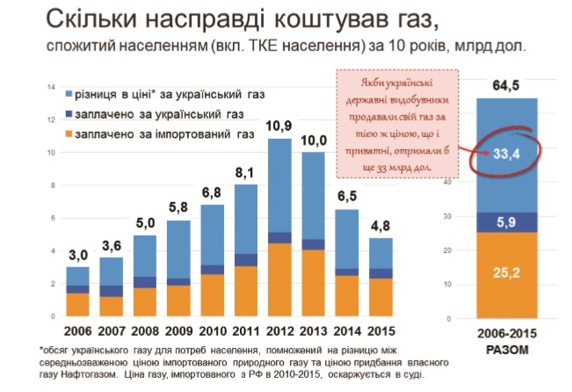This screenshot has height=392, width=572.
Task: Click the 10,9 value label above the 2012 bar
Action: pyautogui.click(x=279, y=126)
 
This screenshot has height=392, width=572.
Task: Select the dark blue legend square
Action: pyautogui.click(x=69, y=113)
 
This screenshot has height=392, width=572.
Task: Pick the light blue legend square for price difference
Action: pyautogui.click(x=69, y=93)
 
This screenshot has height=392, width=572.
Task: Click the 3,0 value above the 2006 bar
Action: pyautogui.click(x=78, y=256)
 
